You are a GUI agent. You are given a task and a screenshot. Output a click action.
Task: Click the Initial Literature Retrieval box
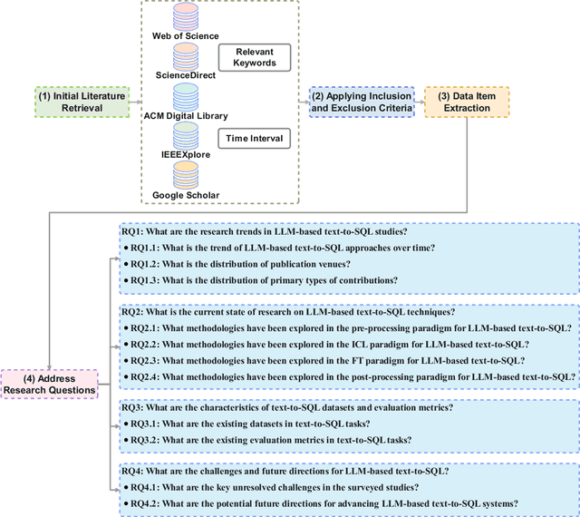coord(71,102)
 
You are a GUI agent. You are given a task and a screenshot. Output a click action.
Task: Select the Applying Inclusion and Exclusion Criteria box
coord(362,102)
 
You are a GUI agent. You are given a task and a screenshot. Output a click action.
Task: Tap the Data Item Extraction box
coord(467,102)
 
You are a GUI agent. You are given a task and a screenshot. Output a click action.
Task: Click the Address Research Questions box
coord(50,384)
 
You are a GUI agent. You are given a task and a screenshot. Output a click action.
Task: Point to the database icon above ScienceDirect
coord(185,56)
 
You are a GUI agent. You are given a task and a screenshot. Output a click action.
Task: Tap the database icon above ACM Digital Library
coord(185,96)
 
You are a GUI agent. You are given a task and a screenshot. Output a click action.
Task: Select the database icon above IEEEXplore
coord(185,136)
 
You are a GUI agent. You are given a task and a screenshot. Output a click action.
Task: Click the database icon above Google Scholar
coord(185,175)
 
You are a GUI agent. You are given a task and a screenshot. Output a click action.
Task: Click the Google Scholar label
coord(186,195)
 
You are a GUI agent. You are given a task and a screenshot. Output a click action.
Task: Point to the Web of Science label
coord(186,36)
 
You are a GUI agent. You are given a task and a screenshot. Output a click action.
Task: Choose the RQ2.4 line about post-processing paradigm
coord(349,376)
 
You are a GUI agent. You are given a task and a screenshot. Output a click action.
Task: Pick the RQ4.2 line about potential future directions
coord(321,503)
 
